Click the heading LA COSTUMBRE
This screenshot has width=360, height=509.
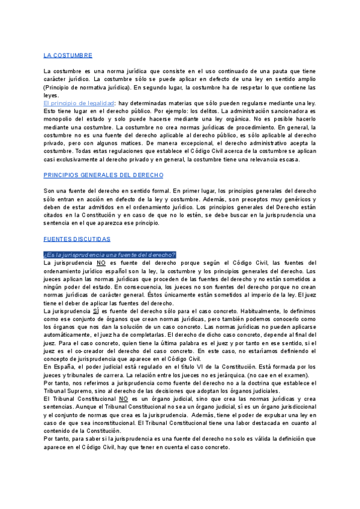click(68, 55)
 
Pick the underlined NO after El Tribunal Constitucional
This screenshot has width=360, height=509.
click(124, 398)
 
